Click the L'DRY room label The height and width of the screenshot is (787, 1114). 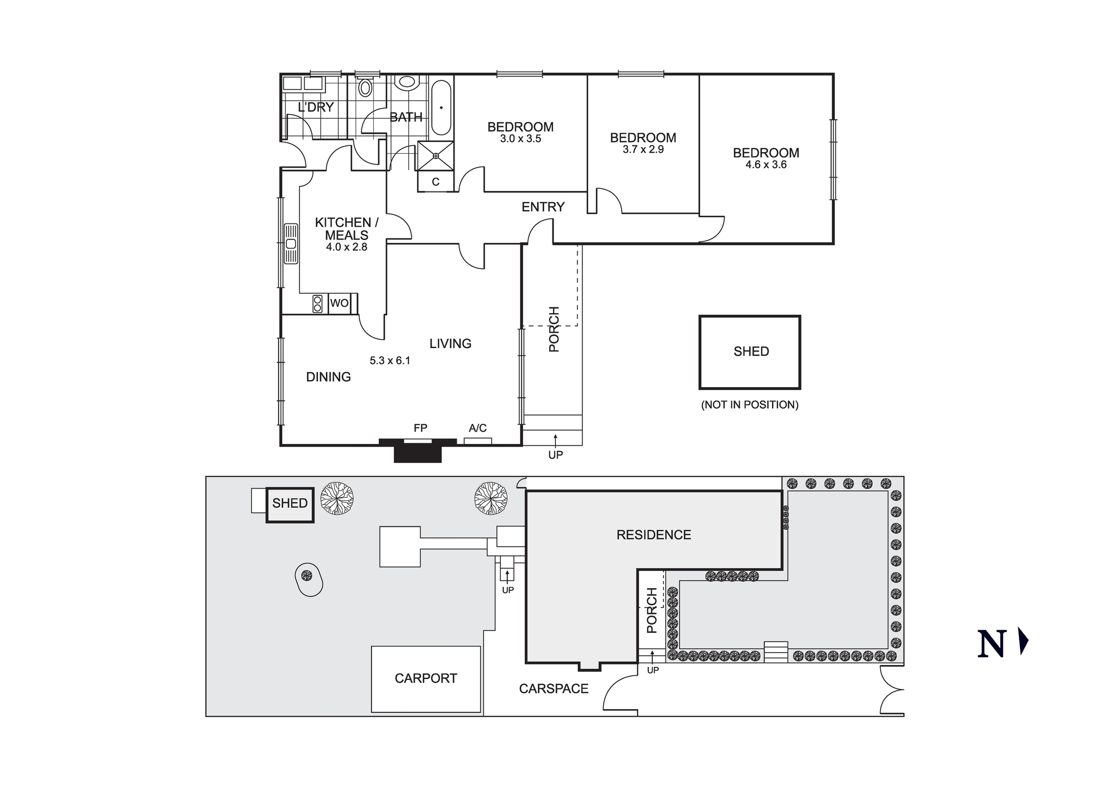tap(316, 107)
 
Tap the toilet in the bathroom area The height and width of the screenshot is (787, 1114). tap(365, 87)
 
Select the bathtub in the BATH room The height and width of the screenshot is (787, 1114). tap(441, 107)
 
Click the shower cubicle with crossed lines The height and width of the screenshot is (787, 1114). tap(436, 156)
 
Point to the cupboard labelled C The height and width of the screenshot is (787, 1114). tap(436, 182)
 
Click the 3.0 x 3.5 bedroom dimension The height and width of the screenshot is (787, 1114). tap(520, 139)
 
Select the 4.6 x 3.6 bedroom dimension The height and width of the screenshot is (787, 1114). tap(766, 165)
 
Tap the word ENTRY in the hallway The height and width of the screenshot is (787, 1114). tap(543, 207)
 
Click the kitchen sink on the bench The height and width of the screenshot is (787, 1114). tap(291, 243)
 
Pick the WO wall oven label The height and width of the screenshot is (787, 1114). tap(339, 304)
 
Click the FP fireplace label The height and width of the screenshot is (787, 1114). tap(420, 428)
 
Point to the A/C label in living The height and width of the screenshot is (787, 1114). tap(477, 428)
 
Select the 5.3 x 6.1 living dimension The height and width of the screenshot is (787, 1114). tap(390, 361)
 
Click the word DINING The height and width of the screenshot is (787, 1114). tap(328, 377)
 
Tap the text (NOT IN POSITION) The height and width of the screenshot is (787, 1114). tap(749, 405)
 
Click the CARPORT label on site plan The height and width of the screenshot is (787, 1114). tap(426, 678)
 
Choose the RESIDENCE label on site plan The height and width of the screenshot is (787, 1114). tap(653, 535)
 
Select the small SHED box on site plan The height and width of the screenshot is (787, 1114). tap(290, 504)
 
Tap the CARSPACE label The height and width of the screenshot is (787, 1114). tap(554, 689)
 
